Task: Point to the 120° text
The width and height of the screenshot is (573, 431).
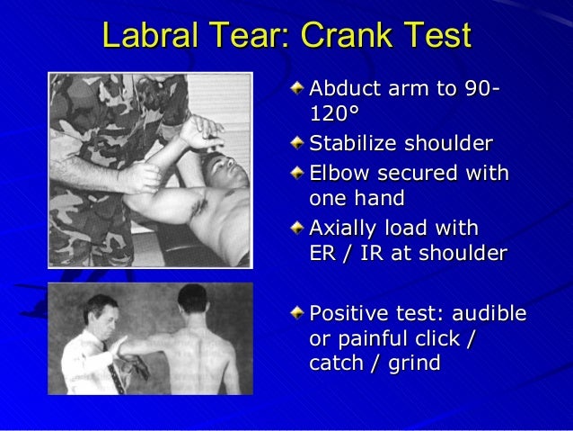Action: click(332, 116)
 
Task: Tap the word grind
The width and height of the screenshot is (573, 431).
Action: click(410, 364)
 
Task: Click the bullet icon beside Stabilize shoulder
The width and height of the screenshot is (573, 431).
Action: click(297, 142)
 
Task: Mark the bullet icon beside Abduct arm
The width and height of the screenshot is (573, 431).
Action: click(297, 89)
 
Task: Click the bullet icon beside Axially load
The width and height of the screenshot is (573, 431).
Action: click(297, 226)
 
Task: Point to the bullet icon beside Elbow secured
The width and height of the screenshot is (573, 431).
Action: click(297, 171)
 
